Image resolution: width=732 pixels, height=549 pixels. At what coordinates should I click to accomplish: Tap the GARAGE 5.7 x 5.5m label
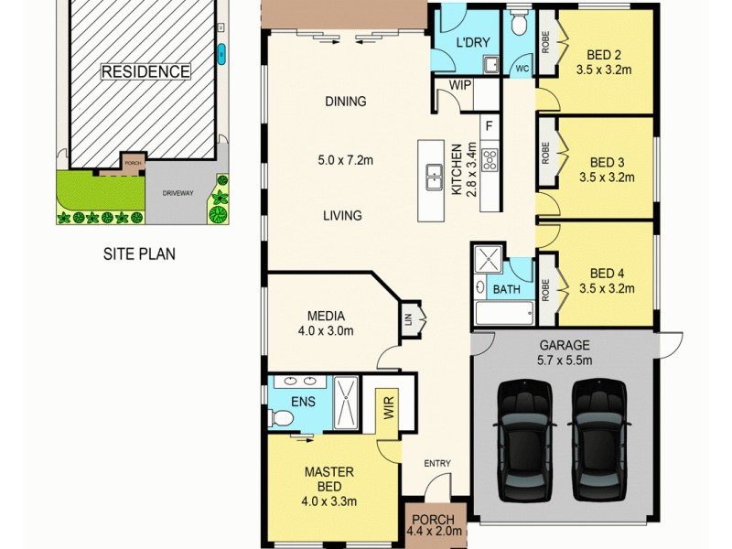click(x=564, y=352)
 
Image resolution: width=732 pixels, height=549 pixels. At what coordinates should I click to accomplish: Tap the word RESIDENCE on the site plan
click(x=145, y=71)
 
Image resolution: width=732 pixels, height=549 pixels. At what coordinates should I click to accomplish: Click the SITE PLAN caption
click(x=138, y=254)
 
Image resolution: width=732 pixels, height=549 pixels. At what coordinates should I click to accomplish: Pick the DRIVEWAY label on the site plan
click(x=178, y=194)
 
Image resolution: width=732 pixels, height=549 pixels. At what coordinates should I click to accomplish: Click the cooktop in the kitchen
click(x=490, y=160)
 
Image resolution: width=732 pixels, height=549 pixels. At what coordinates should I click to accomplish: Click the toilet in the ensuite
click(x=282, y=418)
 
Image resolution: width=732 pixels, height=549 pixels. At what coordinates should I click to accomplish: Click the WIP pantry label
click(x=459, y=85)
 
